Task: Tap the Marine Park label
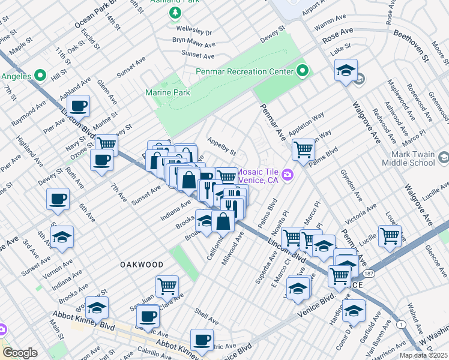pos(167,92)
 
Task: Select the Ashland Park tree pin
pos(175,12)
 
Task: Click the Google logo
pos(19,353)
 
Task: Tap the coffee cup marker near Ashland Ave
pos(78,107)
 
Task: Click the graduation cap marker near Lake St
pos(346,70)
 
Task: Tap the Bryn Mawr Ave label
pos(193,41)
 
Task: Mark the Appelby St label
pos(221,148)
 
